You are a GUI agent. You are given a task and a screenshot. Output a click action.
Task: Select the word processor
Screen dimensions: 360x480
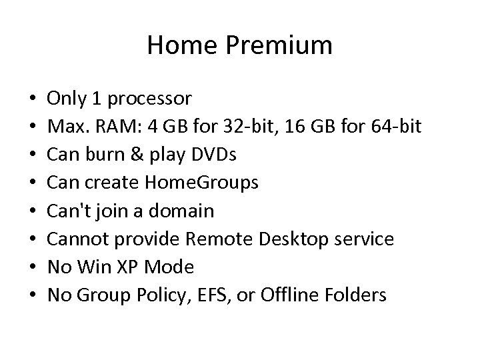pos(150,100)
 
